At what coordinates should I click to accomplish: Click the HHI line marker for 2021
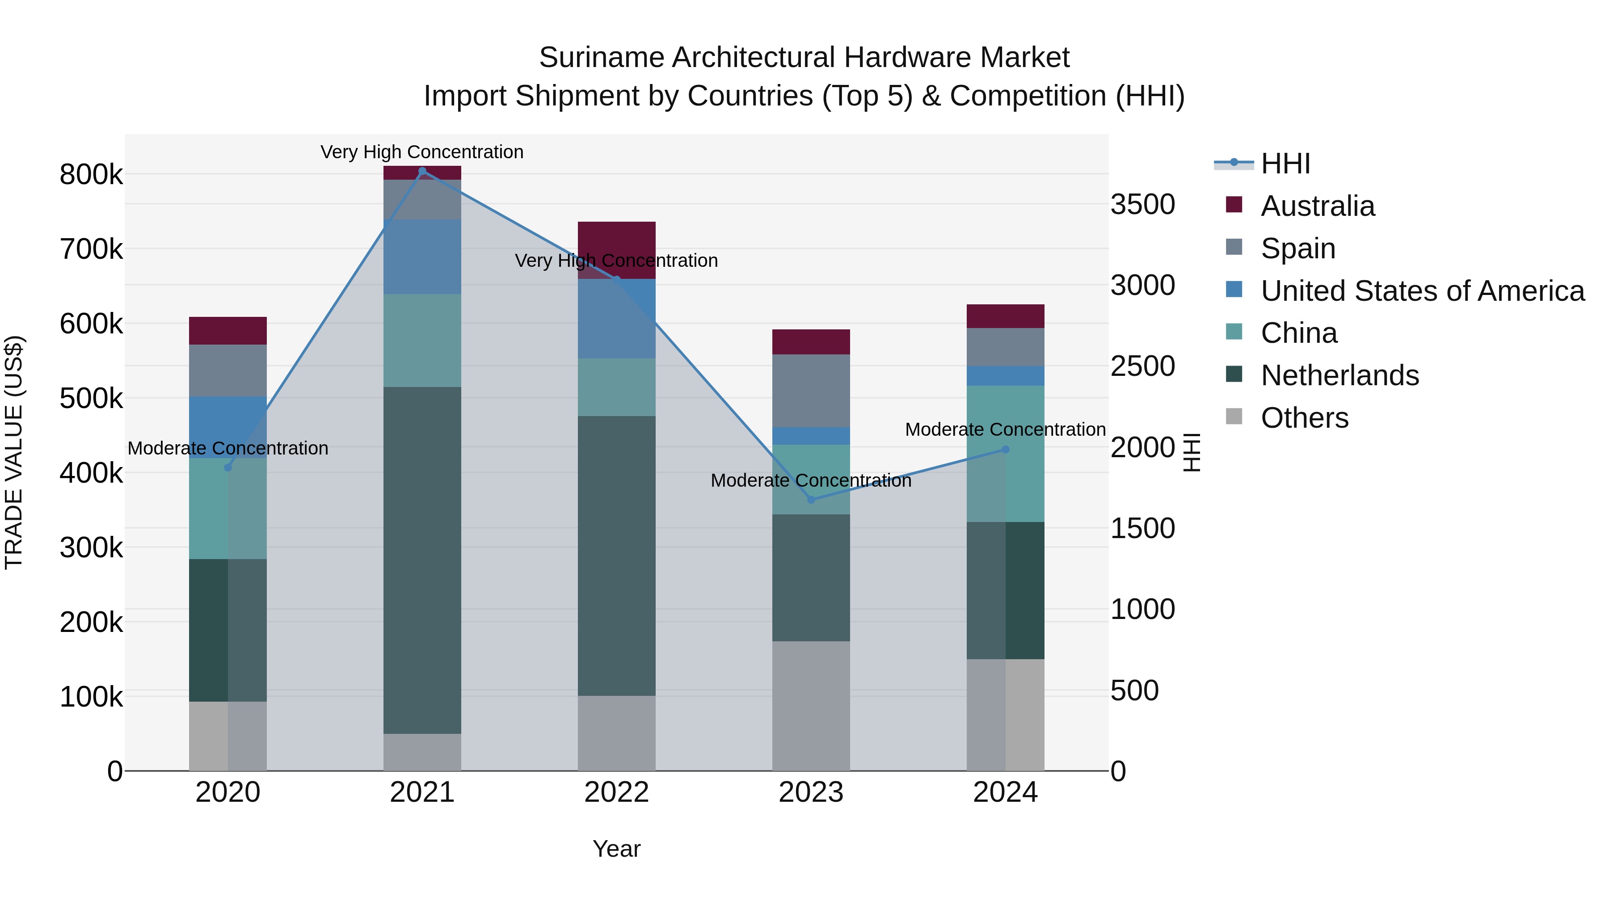coord(422,171)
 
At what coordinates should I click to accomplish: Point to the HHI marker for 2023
coord(811,500)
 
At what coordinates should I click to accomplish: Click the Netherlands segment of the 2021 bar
coord(422,560)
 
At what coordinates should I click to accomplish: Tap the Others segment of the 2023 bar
coord(811,706)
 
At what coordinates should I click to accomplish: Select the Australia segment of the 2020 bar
coord(228,331)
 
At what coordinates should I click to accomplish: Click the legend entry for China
coord(1298,333)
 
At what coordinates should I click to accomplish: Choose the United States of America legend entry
coord(1422,291)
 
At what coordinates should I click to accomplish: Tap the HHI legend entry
coord(1285,164)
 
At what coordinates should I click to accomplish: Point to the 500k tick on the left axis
coord(91,399)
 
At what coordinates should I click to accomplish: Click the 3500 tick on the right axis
coord(1142,204)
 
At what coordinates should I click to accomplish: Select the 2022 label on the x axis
coord(616,792)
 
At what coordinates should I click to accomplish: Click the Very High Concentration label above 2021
coord(422,152)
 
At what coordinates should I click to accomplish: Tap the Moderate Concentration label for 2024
coord(1005,429)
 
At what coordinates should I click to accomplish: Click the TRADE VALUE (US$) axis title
coord(14,452)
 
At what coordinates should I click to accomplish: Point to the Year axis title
coord(616,849)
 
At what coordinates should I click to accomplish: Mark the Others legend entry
coord(1304,418)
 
